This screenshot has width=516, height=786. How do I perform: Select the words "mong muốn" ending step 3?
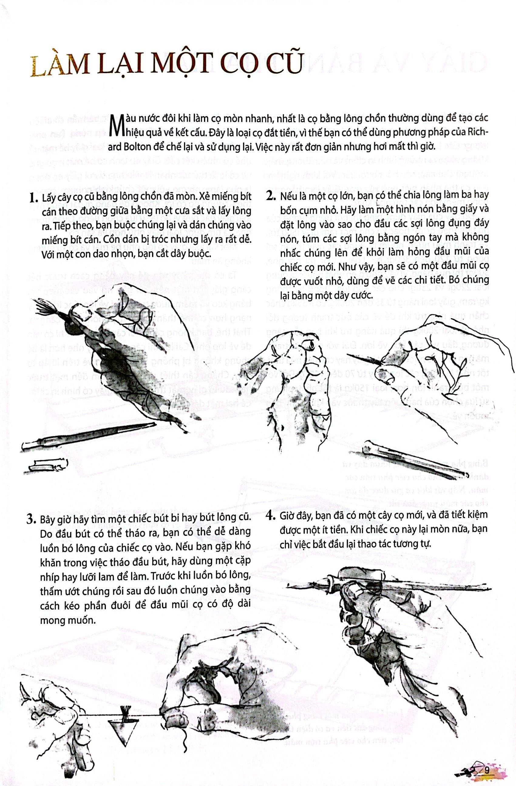point(68,620)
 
